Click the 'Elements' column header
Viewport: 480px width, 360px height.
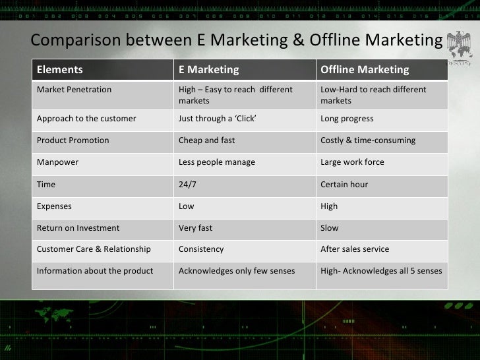[60, 70]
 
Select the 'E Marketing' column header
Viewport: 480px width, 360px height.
[209, 70]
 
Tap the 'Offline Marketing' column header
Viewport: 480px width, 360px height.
[365, 70]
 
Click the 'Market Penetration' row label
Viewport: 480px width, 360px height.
[75, 90]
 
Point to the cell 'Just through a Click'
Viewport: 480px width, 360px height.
[218, 119]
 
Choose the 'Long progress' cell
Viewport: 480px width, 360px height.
[347, 119]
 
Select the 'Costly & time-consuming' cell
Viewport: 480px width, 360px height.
[368, 140]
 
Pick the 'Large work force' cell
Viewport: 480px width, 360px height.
[352, 162]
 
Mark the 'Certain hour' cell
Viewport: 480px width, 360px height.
[344, 185]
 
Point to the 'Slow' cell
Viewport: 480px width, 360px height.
[330, 228]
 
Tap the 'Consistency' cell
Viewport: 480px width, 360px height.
[201, 249]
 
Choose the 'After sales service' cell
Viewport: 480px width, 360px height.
[355, 249]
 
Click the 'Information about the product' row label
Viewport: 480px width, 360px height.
[95, 271]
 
